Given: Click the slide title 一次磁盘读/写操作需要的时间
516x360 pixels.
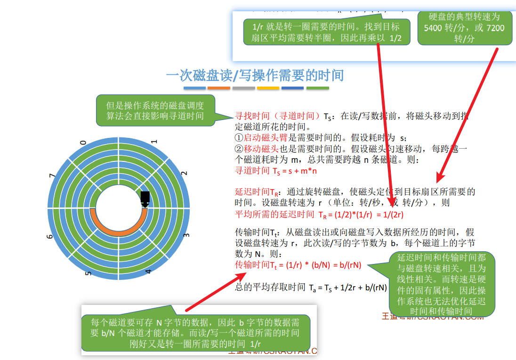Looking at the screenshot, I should coord(255,75).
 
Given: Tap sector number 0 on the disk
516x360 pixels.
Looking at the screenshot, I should coord(83,142).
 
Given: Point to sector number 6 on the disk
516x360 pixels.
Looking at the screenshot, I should coord(50,236).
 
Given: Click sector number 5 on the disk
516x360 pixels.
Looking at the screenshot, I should coord(88,272).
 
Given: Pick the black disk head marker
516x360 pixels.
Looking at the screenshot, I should coord(145,198).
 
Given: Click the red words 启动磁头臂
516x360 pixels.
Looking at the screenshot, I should coord(261,138).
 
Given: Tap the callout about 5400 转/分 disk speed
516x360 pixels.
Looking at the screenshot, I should coord(464,28).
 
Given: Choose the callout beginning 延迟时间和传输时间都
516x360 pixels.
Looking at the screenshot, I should coord(441,284).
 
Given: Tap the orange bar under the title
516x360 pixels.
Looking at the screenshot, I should coord(218,88).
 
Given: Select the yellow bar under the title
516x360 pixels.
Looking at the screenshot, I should coord(268,88).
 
